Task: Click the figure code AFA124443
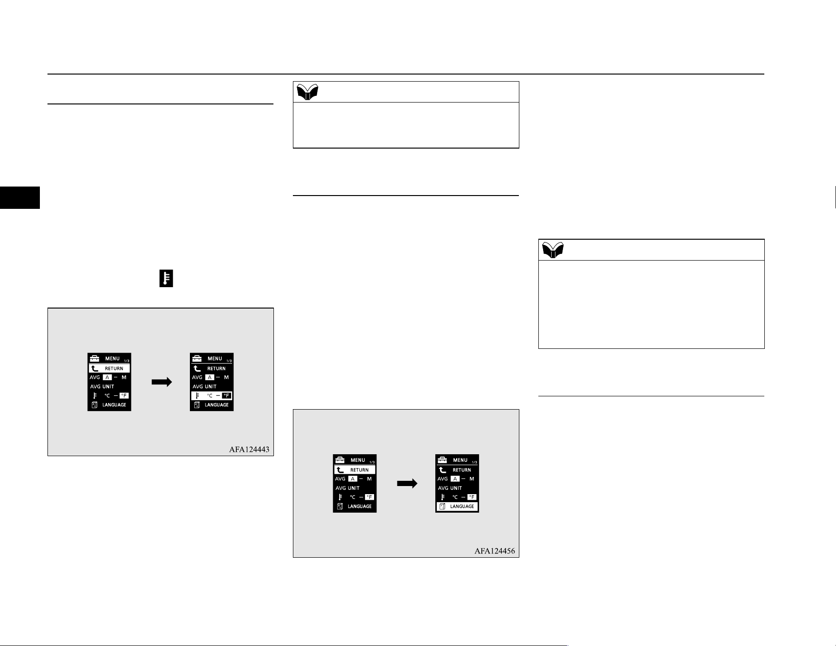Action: [x=249, y=449]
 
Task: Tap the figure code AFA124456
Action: [x=494, y=551]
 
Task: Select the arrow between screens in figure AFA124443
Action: [x=162, y=382]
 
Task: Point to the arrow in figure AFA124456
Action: [x=407, y=484]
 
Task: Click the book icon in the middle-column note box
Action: [x=307, y=92]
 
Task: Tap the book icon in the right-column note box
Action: [x=553, y=250]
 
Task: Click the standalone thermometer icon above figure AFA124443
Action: [x=166, y=279]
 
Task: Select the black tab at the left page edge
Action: [x=20, y=197]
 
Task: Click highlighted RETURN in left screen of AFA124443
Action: [x=109, y=368]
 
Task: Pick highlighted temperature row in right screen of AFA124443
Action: [x=212, y=395]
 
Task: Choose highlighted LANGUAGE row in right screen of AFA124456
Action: [x=457, y=506]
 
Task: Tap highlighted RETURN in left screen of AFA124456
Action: [x=355, y=470]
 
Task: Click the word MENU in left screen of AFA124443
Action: [x=113, y=359]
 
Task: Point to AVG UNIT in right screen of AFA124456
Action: [x=450, y=488]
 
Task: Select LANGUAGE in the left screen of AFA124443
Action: [x=114, y=405]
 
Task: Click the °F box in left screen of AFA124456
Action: [x=369, y=497]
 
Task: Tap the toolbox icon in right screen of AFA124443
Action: [x=197, y=358]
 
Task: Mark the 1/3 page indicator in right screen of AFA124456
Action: [x=474, y=462]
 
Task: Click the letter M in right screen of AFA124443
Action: [x=226, y=377]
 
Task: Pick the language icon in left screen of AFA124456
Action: [x=340, y=506]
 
